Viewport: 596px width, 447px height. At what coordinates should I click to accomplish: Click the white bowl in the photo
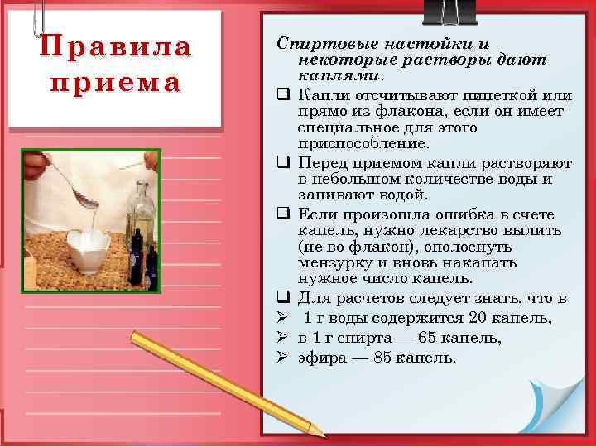pos(88,248)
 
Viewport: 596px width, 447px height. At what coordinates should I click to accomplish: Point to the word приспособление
pos(354,142)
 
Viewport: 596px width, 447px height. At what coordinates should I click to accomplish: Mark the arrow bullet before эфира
pos(281,358)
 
